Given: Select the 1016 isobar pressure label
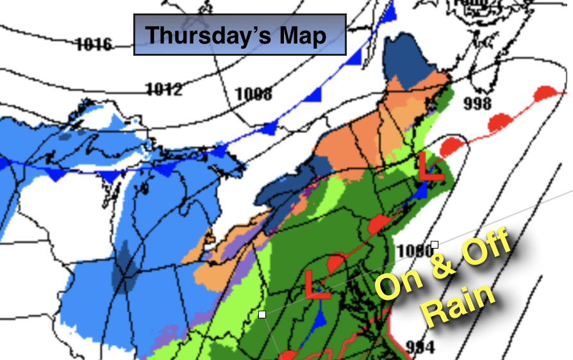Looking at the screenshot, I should (x=94, y=45).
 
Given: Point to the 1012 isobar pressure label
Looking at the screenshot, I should (x=163, y=88).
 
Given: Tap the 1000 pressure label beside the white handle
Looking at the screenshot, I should (x=414, y=252).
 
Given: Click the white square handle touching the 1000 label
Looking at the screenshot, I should (x=435, y=245).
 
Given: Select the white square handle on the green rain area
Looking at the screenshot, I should (x=262, y=314).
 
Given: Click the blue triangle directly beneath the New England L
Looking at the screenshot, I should (x=421, y=190).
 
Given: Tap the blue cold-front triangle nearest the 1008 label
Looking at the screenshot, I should (x=269, y=129).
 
